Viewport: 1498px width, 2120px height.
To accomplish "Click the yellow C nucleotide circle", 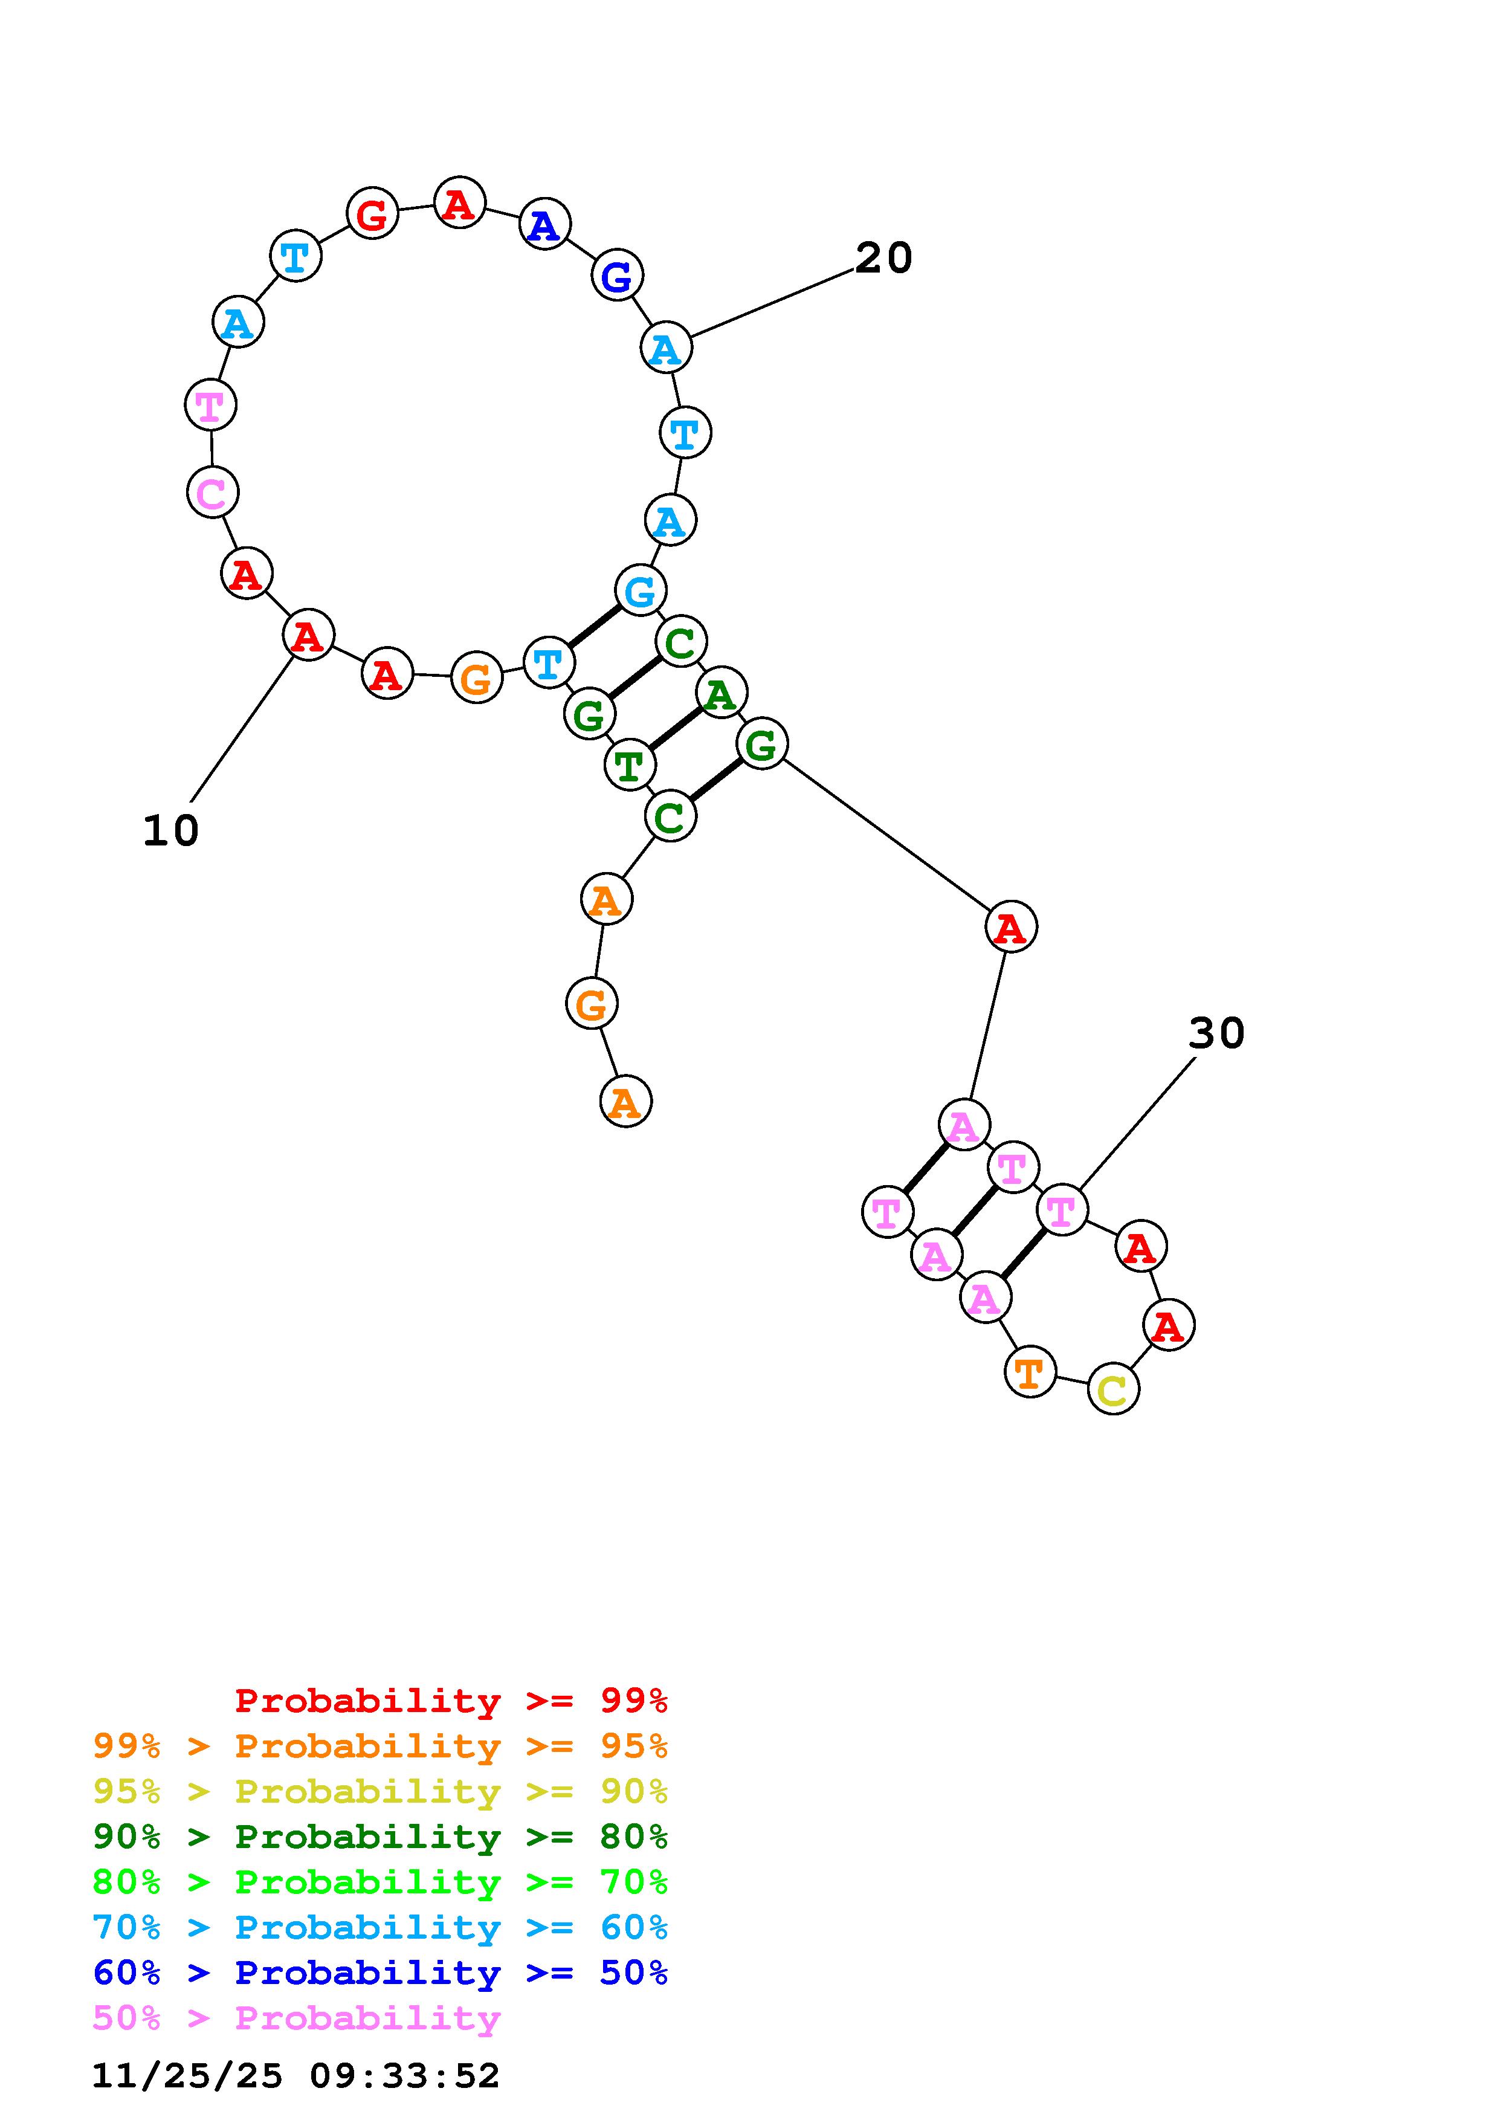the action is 1113,1389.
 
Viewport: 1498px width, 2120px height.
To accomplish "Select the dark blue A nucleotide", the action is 544,224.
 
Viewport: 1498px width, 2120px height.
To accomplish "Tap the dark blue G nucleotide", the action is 616,275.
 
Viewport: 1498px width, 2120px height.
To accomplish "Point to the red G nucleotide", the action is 372,213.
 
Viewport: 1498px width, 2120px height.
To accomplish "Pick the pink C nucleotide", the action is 212,492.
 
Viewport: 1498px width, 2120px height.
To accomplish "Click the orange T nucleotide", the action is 1029,1372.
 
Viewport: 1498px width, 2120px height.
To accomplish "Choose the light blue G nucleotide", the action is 640,591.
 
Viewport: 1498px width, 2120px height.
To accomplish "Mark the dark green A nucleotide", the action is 721,693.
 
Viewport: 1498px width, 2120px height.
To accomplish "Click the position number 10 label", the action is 171,831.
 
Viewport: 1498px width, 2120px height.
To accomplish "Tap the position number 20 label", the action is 883,259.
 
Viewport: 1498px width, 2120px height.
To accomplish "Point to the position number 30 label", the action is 1216,1033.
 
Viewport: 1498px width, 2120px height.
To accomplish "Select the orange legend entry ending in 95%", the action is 380,1745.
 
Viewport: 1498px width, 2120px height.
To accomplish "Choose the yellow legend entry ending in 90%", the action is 380,1791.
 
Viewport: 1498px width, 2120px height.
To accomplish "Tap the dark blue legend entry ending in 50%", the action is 380,1973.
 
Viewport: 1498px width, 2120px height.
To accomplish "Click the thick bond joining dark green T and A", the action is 675,728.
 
